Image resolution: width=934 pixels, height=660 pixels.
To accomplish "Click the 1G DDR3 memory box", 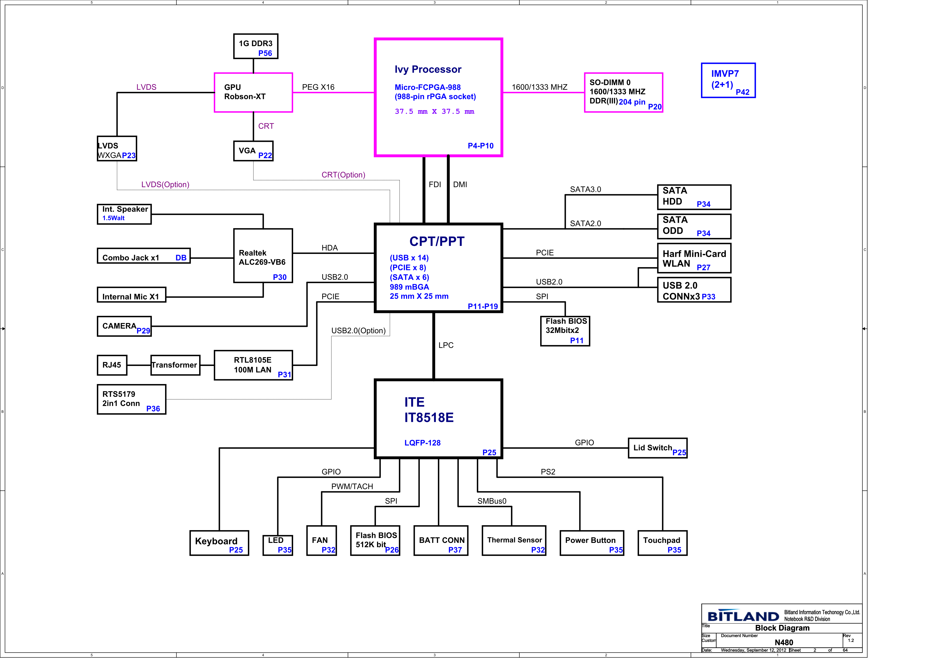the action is (256, 46).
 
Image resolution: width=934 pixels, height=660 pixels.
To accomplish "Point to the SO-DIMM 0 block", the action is (623, 92).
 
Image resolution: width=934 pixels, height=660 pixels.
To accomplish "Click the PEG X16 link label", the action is (318, 87).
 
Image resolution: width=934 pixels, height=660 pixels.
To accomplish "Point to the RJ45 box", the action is (112, 365).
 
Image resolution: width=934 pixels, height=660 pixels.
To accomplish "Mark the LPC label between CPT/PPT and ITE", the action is (446, 345).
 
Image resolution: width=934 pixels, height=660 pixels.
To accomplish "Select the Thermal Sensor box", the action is (514, 541).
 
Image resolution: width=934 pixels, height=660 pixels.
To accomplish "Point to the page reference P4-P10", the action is (480, 146).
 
